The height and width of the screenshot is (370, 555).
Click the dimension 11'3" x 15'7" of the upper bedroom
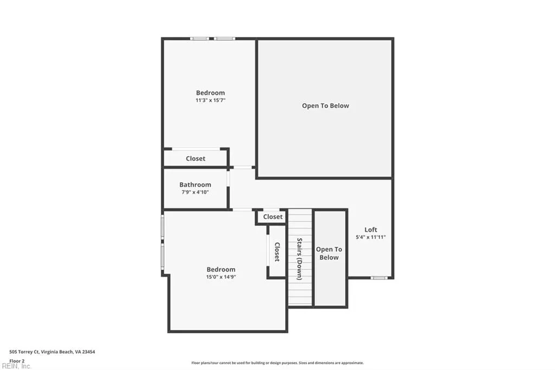(x=210, y=100)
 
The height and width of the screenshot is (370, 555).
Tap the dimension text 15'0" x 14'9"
(x=221, y=277)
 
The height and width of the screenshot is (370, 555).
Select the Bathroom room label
(x=195, y=184)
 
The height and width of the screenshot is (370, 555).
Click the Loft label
(x=371, y=229)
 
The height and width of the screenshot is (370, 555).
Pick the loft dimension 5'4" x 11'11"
(x=371, y=237)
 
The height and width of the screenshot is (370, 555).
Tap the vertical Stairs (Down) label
(x=299, y=259)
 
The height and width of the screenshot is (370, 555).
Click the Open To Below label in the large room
(x=325, y=106)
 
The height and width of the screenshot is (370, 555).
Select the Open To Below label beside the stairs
(x=329, y=253)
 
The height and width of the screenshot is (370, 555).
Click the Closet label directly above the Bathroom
(x=196, y=158)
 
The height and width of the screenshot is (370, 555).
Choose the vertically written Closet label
(x=277, y=252)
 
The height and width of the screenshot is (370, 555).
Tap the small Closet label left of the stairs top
(x=273, y=216)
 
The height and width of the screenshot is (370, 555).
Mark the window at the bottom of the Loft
(x=379, y=278)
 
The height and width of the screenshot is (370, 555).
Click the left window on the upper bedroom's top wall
(x=199, y=39)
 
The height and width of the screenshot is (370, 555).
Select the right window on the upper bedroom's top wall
(x=224, y=39)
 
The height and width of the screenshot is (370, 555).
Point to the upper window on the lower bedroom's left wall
(x=163, y=227)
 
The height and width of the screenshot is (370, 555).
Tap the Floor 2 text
(x=17, y=360)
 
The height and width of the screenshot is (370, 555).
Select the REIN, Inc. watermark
(x=16, y=366)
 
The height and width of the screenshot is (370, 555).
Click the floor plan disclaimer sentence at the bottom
(x=277, y=363)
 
